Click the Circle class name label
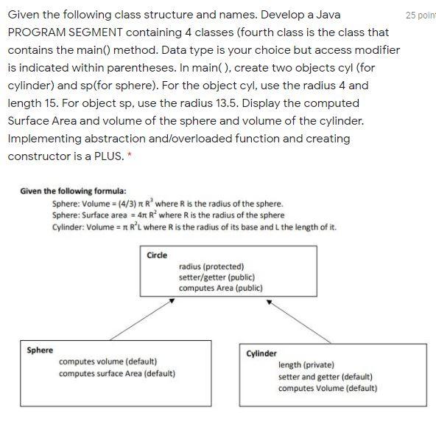pos(157,255)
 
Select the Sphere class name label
pos(40,350)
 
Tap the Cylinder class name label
pos(261,353)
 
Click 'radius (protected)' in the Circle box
pos(211,266)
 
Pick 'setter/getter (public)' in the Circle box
pos(217,277)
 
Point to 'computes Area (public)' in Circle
pos(220,288)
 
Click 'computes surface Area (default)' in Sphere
pos(117,373)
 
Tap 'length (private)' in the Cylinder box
pos(306,364)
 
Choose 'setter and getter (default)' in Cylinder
pos(325,376)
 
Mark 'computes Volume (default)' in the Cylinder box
pos(328,388)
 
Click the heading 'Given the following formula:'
pos(73,191)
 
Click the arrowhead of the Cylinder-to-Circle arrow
pos(270,301)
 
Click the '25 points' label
pos(421,15)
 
